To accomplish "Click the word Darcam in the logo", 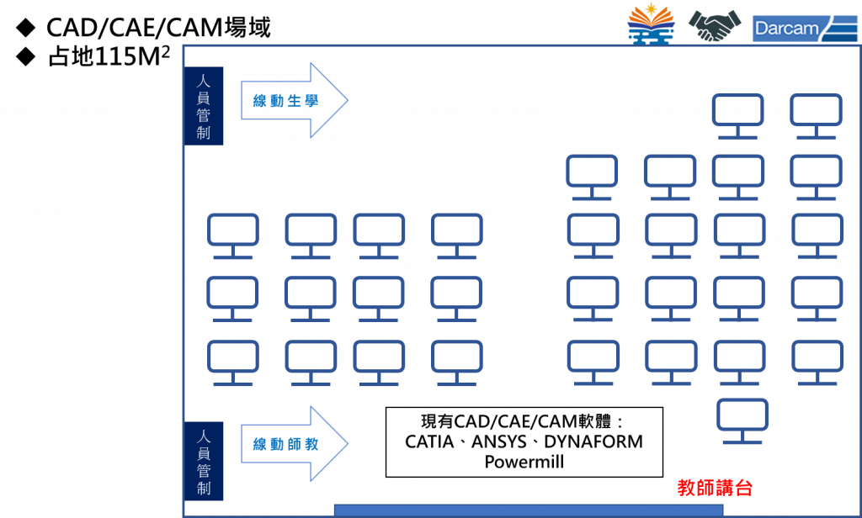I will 786,29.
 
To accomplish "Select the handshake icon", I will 715,26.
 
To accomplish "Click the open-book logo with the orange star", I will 651,26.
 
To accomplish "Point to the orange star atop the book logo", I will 652,12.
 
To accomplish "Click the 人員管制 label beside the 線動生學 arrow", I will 204,106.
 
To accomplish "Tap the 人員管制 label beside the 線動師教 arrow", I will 204,462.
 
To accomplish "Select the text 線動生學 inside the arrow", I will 284,101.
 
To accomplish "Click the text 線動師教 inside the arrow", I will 284,444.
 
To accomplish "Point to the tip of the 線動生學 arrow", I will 346,100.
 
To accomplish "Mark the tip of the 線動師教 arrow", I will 346,444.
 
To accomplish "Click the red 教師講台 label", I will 715,488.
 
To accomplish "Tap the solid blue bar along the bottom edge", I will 527,510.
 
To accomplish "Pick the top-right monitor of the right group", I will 816,116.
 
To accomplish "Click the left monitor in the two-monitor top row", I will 737,116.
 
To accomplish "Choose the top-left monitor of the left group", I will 233,235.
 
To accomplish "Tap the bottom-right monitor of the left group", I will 456,362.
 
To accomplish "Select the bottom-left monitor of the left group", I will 233,362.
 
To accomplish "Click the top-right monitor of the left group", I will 456,235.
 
